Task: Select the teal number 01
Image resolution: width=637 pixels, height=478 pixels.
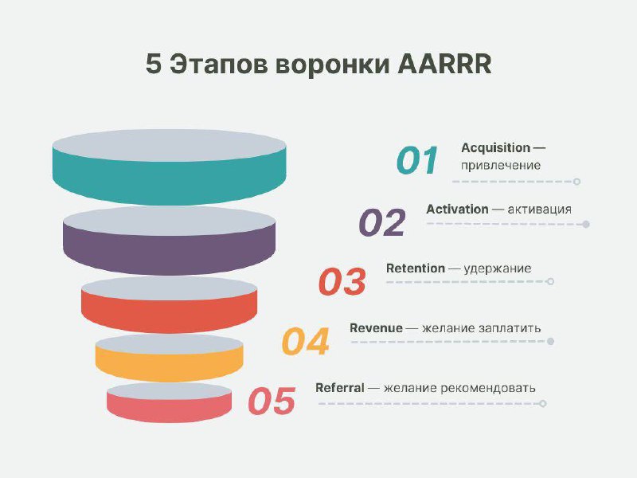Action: pyautogui.click(x=417, y=161)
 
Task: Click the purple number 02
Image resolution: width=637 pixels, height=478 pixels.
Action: pyautogui.click(x=382, y=223)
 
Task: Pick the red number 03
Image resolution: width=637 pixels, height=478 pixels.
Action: pyautogui.click(x=342, y=282)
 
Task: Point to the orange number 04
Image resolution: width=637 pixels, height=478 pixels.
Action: pyautogui.click(x=305, y=342)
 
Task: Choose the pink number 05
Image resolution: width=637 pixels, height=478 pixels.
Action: pyautogui.click(x=272, y=402)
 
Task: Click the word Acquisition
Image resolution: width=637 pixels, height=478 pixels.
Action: pyautogui.click(x=495, y=148)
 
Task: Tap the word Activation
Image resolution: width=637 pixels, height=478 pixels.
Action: pyautogui.click(x=457, y=209)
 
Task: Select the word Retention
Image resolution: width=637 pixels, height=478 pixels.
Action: pyautogui.click(x=415, y=268)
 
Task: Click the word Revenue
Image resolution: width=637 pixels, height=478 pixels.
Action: pyautogui.click(x=376, y=328)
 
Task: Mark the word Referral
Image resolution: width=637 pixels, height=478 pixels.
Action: pyautogui.click(x=340, y=388)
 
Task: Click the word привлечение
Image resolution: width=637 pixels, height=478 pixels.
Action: pyautogui.click(x=501, y=166)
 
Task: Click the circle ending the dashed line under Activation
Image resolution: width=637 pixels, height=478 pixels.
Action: pyautogui.click(x=586, y=225)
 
